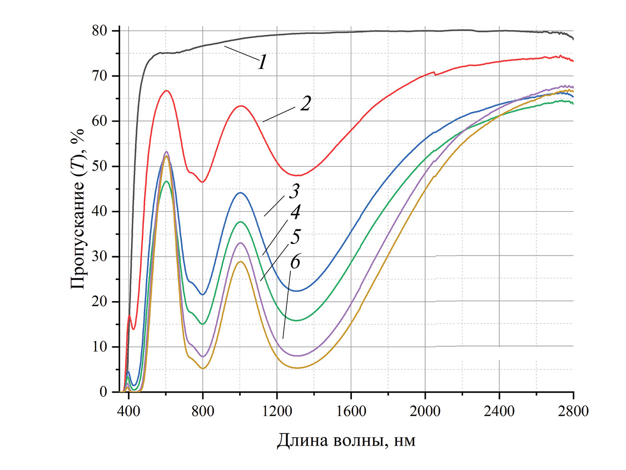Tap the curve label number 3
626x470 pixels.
point(294,194)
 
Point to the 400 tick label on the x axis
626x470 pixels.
point(128,413)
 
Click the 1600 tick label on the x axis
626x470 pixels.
point(351,413)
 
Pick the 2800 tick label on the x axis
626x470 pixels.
point(573,413)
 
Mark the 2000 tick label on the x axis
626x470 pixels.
point(425,413)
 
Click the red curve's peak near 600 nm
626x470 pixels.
point(166,91)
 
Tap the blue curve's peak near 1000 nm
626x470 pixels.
point(240,193)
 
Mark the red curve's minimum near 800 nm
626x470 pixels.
point(203,182)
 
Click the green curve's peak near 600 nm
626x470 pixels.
point(166,181)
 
